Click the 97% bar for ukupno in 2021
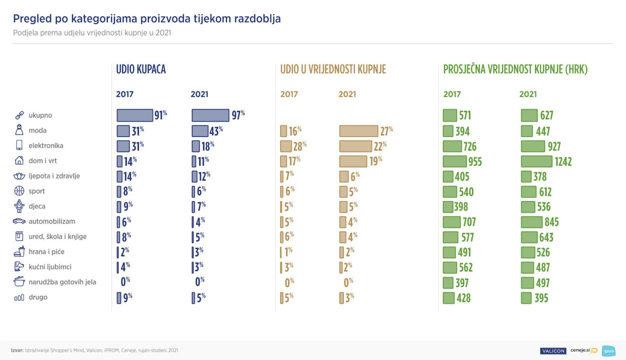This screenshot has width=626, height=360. pyautogui.click(x=210, y=115)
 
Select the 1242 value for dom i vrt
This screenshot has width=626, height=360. pyautogui.click(x=562, y=161)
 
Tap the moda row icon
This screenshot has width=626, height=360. pyautogui.click(x=19, y=130)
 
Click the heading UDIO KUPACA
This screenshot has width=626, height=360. pyautogui.click(x=140, y=69)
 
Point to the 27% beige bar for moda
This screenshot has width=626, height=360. pyautogui.click(x=358, y=131)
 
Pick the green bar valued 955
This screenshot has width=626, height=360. pyautogui.click(x=454, y=161)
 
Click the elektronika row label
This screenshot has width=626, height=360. pyautogui.click(x=46, y=146)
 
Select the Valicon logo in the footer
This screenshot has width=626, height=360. pyautogui.click(x=552, y=350)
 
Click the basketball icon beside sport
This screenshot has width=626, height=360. pyautogui.click(x=19, y=191)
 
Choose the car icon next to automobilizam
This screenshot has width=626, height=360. pyautogui.click(x=19, y=221)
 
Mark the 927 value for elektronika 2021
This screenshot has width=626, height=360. pyautogui.click(x=553, y=146)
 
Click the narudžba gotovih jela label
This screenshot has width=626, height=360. pyautogui.click(x=62, y=282)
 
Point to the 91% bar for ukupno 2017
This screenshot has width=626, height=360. pyautogui.click(x=134, y=115)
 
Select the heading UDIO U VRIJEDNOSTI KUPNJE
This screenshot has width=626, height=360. pyautogui.click(x=333, y=69)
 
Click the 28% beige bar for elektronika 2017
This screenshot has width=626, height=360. pyautogui.click(x=286, y=146)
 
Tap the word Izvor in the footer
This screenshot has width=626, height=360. pyautogui.click(x=17, y=350)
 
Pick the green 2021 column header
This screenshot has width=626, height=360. pyautogui.click(x=528, y=94)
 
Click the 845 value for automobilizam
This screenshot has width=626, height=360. pyautogui.click(x=551, y=222)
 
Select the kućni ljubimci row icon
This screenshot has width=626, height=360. pyautogui.click(x=19, y=266)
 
